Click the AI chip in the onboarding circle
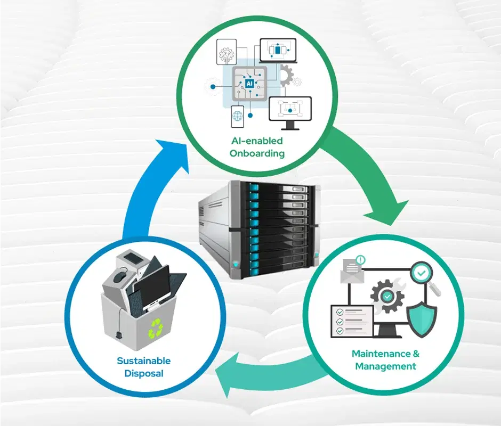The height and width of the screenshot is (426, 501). click(x=249, y=84)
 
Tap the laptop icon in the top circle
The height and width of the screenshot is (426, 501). click(x=278, y=51)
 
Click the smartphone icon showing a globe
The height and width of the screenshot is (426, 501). click(x=237, y=116)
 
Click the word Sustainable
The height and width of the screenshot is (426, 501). click(x=144, y=361)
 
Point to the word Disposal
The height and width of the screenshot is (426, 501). click(x=144, y=373)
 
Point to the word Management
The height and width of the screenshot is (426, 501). click(x=385, y=366)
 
